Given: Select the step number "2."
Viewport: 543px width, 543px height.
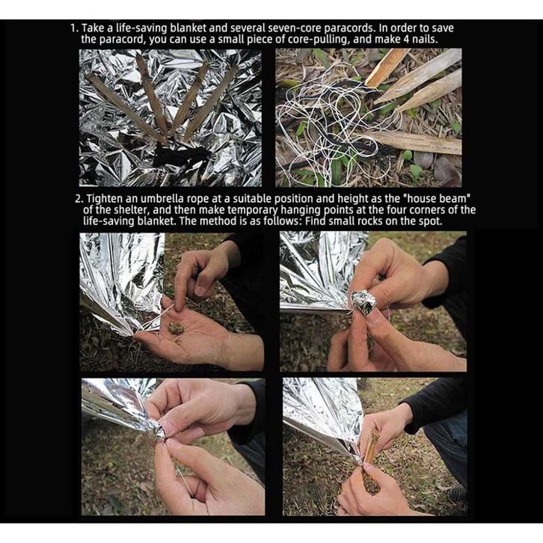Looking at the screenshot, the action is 79,199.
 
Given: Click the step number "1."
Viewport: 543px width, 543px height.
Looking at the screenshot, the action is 75,28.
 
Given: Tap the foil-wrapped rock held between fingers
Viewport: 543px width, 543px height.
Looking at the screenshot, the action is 363,303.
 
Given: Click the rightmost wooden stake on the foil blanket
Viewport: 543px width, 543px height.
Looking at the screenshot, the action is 210,102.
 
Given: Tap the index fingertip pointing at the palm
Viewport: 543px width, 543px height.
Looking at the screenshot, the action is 180,306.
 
